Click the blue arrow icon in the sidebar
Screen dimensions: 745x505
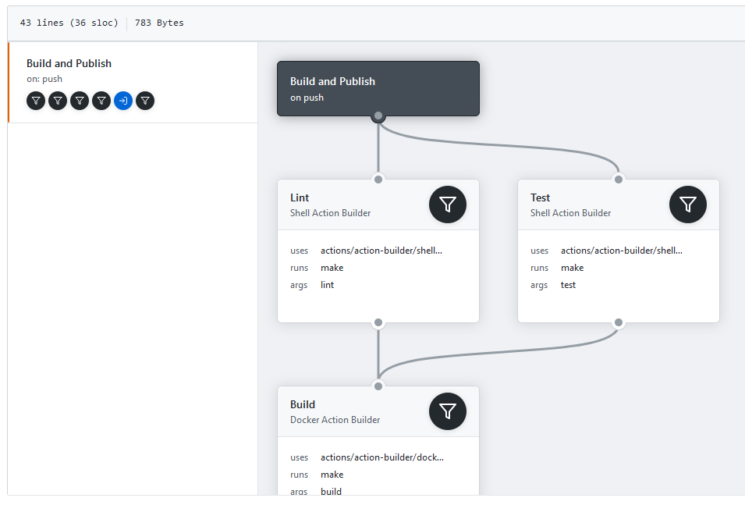pyautogui.click(x=123, y=101)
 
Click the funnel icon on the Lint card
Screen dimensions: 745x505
pyautogui.click(x=448, y=204)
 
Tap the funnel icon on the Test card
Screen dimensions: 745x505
pyautogui.click(x=688, y=204)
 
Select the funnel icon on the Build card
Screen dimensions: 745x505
pyautogui.click(x=448, y=411)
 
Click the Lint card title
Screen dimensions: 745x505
pyautogui.click(x=300, y=197)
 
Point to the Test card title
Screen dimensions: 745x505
pyautogui.click(x=540, y=197)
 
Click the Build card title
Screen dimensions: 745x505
pyautogui.click(x=303, y=404)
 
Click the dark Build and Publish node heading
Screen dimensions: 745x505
pyautogui.click(x=332, y=81)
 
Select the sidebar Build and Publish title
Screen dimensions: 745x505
pyautogui.click(x=69, y=64)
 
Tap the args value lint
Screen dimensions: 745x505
pyautogui.click(x=328, y=285)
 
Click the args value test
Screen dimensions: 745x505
pyautogui.click(x=568, y=285)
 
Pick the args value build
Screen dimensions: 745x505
pyautogui.click(x=332, y=492)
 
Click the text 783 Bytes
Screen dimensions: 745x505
pyautogui.click(x=159, y=23)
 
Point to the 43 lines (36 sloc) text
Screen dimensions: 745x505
pyautogui.click(x=69, y=23)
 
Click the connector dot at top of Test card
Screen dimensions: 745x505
pyautogui.click(x=619, y=180)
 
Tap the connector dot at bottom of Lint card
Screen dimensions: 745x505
pyautogui.click(x=378, y=322)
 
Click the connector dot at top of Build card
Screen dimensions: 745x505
pyautogui.click(x=378, y=386)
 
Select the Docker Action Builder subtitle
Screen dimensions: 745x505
pyautogui.click(x=335, y=420)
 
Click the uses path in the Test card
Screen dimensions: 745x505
pyautogui.click(x=622, y=251)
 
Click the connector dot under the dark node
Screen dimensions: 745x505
pyautogui.click(x=378, y=116)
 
